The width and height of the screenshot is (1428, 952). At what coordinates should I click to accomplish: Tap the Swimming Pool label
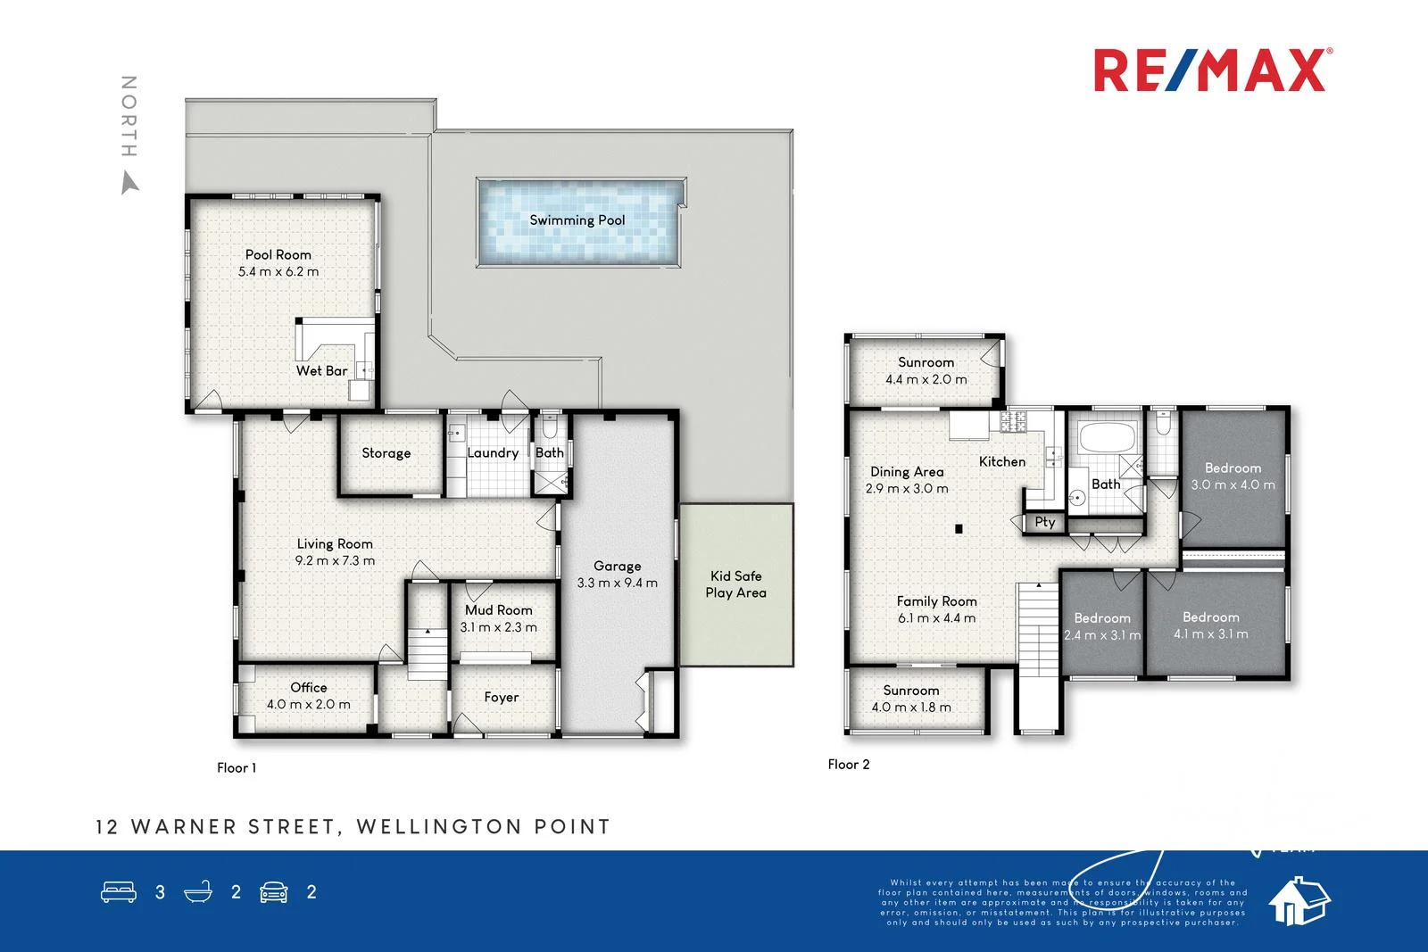[577, 220]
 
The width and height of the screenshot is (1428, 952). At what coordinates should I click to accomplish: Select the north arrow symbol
[130, 183]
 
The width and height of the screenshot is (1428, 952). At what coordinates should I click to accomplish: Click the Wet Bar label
[321, 370]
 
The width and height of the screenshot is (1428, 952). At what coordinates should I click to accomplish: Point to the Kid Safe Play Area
[735, 584]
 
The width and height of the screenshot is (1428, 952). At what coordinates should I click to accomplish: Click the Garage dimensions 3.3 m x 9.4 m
[617, 584]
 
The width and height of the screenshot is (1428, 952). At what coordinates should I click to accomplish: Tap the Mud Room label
[498, 610]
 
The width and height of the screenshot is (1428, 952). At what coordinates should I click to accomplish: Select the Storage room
[386, 453]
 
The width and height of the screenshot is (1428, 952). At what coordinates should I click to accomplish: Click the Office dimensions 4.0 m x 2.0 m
[308, 705]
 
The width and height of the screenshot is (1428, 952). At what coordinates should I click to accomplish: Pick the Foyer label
[502, 698]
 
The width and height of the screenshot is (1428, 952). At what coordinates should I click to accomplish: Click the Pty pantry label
[1045, 522]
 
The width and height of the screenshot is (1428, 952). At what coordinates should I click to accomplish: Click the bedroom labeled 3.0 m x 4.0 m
[1233, 476]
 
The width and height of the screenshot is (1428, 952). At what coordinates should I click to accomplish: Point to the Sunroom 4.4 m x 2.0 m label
[926, 370]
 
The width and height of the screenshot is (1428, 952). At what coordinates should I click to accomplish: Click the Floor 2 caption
[848, 765]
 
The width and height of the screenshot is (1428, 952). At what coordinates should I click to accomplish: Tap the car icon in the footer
[274, 891]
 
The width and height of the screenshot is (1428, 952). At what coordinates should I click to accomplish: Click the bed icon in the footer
[119, 891]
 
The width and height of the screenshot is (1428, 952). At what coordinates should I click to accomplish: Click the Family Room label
[936, 601]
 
